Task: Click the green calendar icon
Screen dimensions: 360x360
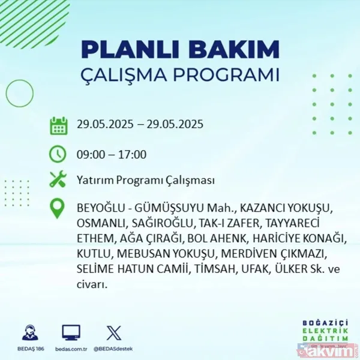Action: (58, 126)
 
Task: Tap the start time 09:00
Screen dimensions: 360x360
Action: (90, 154)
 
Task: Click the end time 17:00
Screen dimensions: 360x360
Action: (133, 154)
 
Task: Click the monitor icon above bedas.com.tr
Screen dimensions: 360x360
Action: (71, 332)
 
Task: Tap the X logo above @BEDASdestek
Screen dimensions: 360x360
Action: (113, 332)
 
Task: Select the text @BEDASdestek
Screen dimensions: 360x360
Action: (113, 349)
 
